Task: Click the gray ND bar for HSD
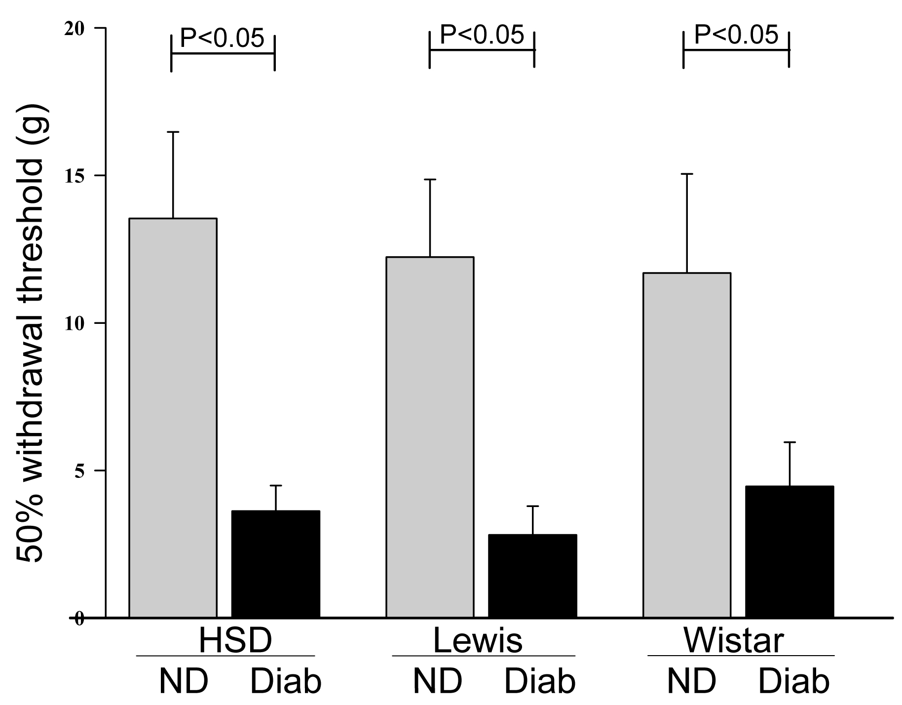pyautogui.click(x=173, y=417)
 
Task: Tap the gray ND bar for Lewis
pyautogui.click(x=430, y=436)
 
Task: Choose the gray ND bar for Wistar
pyautogui.click(x=687, y=444)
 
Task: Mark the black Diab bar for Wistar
pyautogui.click(x=789, y=551)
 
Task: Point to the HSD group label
pyautogui.click(x=235, y=641)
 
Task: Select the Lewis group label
pyautogui.click(x=478, y=641)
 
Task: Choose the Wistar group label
pyautogui.click(x=734, y=641)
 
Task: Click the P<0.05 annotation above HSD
pyautogui.click(x=222, y=39)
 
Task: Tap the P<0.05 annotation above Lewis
pyautogui.click(x=482, y=35)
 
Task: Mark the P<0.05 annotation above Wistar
pyautogui.click(x=736, y=35)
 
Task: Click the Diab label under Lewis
pyautogui.click(x=540, y=682)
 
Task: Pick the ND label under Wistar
pyautogui.click(x=691, y=682)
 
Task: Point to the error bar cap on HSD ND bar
pyautogui.click(x=173, y=132)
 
